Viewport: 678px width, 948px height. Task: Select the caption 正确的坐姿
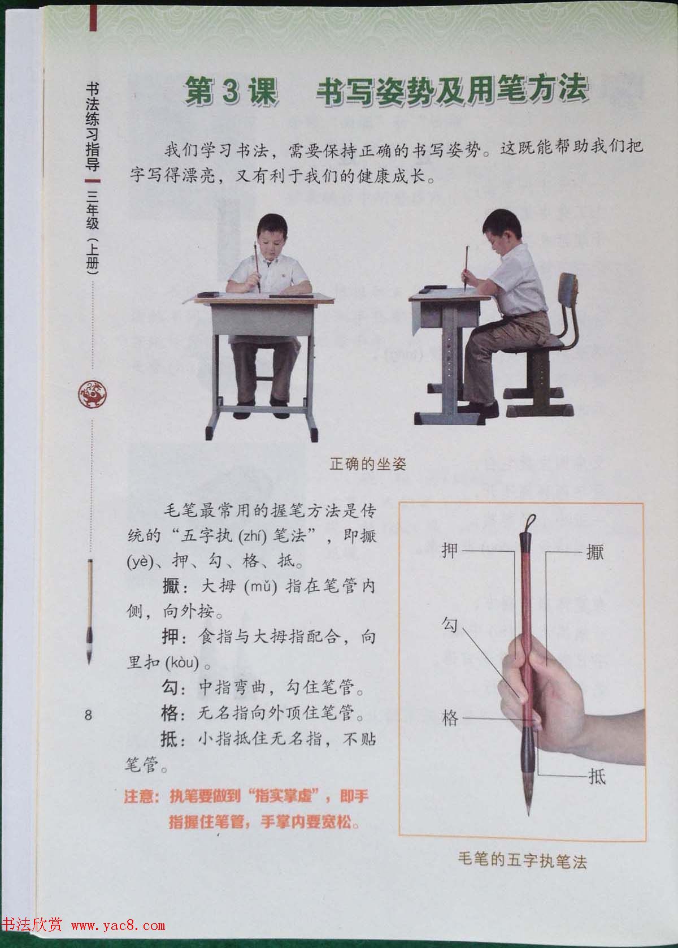(368, 465)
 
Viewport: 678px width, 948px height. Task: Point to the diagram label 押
(449, 549)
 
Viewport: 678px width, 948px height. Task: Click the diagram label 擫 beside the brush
(595, 551)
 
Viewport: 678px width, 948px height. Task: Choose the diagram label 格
(450, 718)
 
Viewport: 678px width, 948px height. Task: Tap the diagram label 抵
(597, 777)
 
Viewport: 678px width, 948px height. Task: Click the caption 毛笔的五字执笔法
(522, 862)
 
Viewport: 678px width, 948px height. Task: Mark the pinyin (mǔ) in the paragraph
(260, 586)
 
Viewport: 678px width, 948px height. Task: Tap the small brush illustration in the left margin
(90, 611)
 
